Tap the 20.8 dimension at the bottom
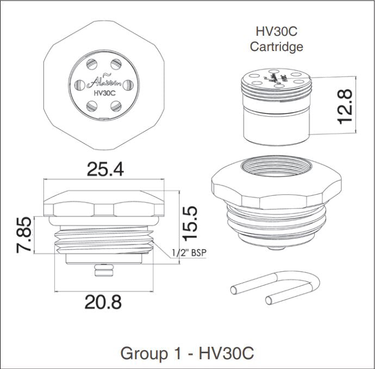(x=103, y=301)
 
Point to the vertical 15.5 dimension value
(x=191, y=222)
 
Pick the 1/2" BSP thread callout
(x=190, y=253)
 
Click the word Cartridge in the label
(x=276, y=47)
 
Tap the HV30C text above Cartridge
(x=276, y=31)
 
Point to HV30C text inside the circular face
(x=103, y=93)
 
